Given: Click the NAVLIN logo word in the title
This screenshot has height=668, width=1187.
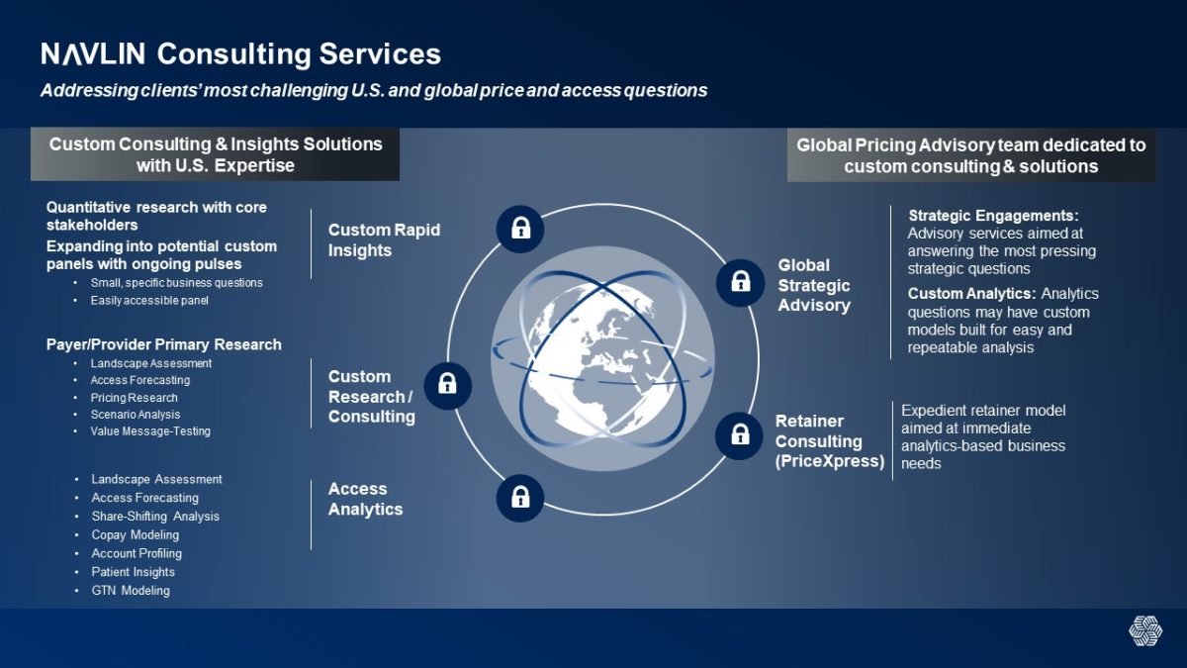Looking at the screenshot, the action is pos(93,53).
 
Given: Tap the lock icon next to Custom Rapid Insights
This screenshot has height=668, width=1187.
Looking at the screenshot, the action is pos(520,229).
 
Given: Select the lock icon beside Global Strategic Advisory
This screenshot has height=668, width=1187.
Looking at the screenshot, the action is pos(740,283).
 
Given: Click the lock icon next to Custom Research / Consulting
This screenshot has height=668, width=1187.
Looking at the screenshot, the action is pos(448,385).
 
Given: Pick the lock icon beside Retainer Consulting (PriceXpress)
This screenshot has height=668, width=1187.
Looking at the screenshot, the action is pos(739,435).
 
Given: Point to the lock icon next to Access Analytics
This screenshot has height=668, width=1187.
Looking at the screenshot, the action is pos(520,499).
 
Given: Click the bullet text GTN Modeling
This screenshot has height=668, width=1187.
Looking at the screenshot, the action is pos(131,590).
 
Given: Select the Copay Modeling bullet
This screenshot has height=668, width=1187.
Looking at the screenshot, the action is pos(136,534).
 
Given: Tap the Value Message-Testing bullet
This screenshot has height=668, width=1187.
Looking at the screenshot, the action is pos(150,431).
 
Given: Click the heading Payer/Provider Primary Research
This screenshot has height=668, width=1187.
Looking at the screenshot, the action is pos(164,344).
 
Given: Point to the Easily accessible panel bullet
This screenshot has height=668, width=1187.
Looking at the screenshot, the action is pos(149,300).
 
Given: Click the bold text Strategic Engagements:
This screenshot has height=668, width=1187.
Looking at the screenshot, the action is pos(993,216).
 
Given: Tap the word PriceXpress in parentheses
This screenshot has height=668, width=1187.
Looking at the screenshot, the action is pos(830,461).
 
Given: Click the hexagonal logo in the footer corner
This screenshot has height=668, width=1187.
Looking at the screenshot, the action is pos(1145,631).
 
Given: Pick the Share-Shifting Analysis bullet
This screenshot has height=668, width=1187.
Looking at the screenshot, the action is pos(155,516).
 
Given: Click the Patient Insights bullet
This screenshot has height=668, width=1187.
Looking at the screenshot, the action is pos(133,572).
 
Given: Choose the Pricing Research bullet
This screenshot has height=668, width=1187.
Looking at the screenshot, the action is pos(135,398).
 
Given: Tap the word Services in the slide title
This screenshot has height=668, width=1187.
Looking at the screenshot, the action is pos(380,53).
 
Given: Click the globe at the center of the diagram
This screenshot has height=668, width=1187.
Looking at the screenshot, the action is pos(602,359).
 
